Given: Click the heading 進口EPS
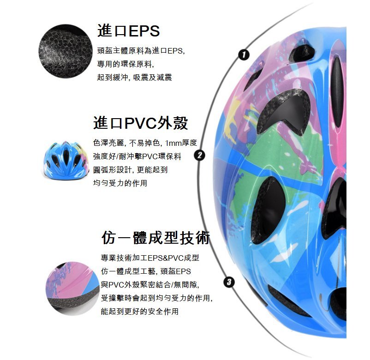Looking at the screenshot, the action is pos(129,30).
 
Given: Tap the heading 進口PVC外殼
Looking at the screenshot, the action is pos(141,123).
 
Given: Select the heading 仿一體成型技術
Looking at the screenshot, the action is pos(156,238).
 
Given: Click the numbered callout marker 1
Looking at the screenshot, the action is pos(244,55).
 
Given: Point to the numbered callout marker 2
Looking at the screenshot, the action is pos(200,156).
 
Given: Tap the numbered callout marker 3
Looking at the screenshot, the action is pos(229,282).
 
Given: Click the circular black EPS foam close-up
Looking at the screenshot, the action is pos(66,51).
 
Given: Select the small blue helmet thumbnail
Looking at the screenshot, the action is pos(66,161).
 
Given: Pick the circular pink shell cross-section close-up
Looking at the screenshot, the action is pos(73,288).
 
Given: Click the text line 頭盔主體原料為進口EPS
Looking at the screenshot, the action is pos(141,50).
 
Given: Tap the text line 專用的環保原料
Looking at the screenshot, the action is pos(125,64).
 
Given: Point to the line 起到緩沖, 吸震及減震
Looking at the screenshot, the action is pos(135,78).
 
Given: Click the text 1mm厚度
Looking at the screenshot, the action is pos(181,143).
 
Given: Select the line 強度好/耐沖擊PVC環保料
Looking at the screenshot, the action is pos(137,156).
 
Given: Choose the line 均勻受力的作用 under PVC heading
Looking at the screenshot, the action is pos(120,183).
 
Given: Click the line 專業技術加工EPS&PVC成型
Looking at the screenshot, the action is pos(150,258).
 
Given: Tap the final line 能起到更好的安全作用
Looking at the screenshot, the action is pos(140,312).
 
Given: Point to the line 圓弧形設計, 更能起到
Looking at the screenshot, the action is pos(130,170).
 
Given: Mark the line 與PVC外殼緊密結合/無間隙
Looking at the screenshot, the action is pos(150,285).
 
